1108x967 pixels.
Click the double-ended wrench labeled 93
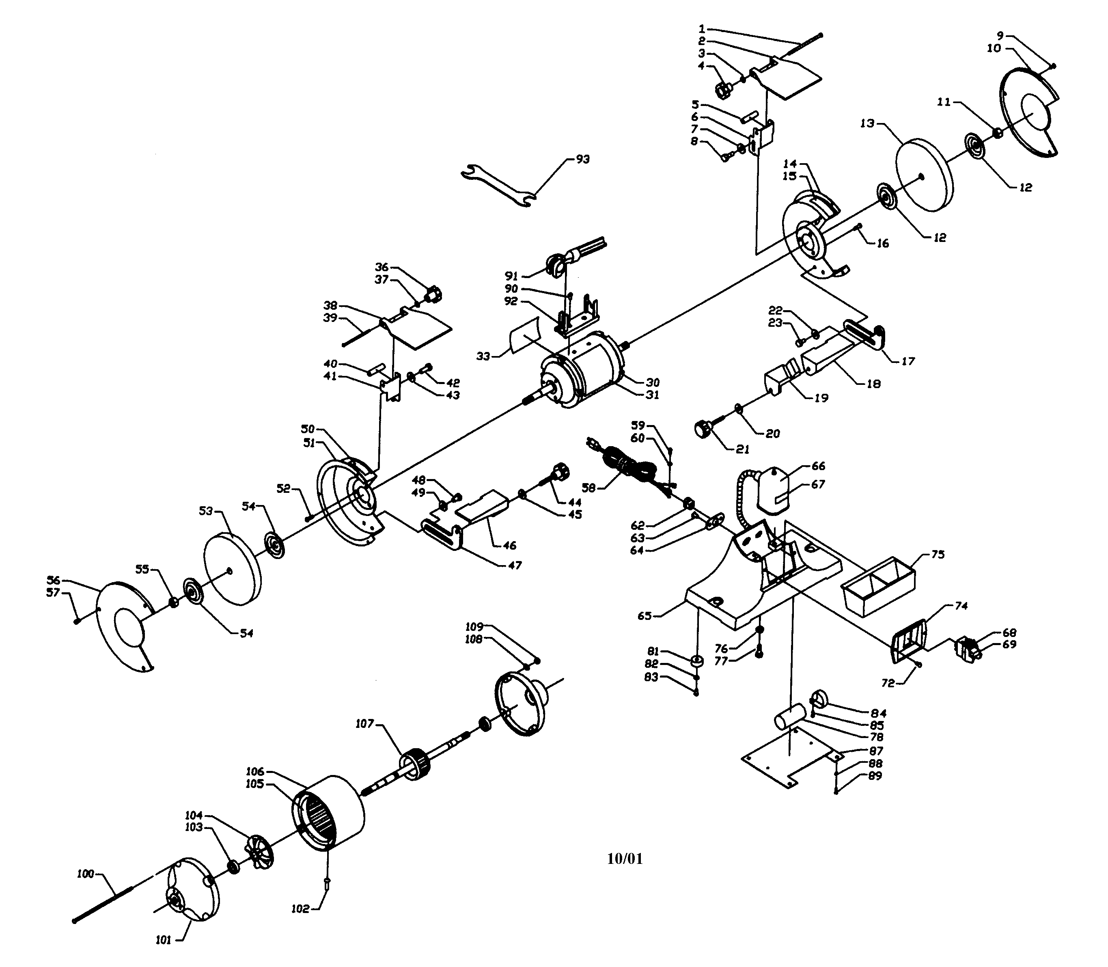pyautogui.click(x=499, y=187)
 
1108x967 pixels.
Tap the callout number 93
pyautogui.click(x=582, y=159)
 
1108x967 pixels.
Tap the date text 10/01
pyautogui.click(x=625, y=859)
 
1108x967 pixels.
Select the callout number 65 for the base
pyautogui.click(x=645, y=616)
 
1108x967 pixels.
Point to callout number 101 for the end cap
pyautogui.click(x=163, y=940)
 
